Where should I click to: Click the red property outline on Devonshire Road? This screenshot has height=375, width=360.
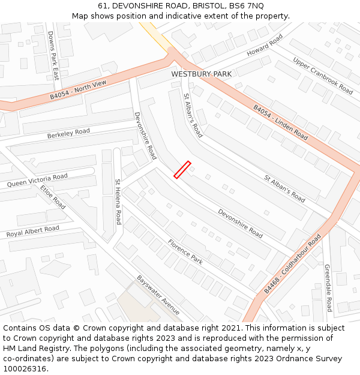182,170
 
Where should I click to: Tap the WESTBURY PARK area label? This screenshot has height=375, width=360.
201,74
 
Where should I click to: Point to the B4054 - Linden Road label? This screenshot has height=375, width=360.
280,123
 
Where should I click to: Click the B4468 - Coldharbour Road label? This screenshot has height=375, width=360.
292,264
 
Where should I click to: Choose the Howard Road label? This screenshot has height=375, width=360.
265,46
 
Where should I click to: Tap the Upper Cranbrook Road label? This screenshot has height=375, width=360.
323,76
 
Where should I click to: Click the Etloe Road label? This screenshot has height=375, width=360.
53,196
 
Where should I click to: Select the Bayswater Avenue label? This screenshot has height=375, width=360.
158,295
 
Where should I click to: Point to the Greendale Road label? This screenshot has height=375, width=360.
328,288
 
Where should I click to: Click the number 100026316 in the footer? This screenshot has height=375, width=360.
25,369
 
